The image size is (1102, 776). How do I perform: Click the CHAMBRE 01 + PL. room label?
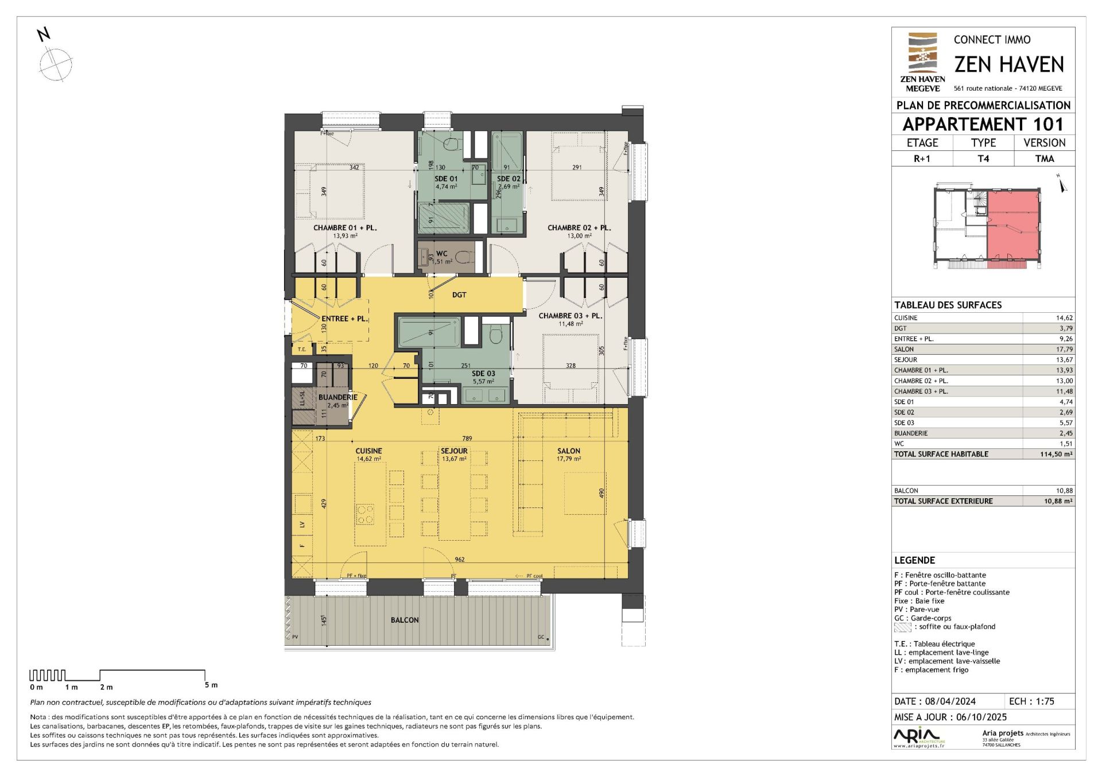click(x=344, y=228)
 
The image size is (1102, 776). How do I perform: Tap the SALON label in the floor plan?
click(x=568, y=451)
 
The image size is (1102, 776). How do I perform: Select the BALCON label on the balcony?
click(x=405, y=620)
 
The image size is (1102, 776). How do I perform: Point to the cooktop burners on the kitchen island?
click(x=365, y=513)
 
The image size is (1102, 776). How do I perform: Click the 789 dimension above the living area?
click(x=467, y=439)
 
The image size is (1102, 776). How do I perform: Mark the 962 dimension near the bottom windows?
click(x=459, y=560)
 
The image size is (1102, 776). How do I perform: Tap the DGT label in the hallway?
click(x=459, y=295)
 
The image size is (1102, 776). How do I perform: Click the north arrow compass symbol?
click(x=56, y=64)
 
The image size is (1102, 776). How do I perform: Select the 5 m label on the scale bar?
click(x=211, y=685)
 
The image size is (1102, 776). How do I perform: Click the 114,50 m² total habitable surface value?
click(x=1056, y=454)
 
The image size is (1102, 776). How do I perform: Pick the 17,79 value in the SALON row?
click(x=1064, y=349)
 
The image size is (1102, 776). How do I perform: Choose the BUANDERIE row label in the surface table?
click(x=910, y=433)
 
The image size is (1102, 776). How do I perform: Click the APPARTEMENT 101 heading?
click(x=983, y=124)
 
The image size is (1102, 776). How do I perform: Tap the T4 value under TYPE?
click(x=983, y=158)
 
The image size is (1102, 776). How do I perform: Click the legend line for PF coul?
click(x=952, y=592)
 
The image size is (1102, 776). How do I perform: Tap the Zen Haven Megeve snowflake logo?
click(x=922, y=57)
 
